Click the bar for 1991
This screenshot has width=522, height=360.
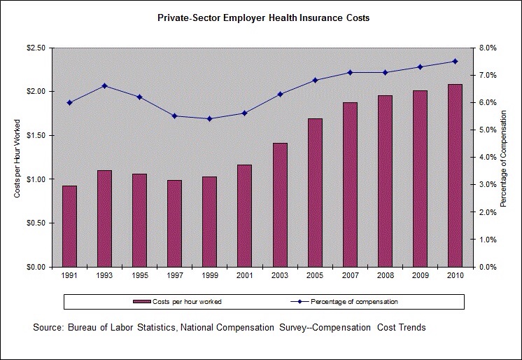click(x=69, y=226)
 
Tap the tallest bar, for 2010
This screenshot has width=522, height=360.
click(x=455, y=175)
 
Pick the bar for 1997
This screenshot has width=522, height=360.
click(x=175, y=223)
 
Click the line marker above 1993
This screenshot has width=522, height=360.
click(x=104, y=86)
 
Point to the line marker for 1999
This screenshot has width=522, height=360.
click(x=210, y=118)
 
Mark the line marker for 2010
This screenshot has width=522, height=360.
click(x=455, y=62)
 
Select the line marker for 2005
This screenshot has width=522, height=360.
click(x=315, y=80)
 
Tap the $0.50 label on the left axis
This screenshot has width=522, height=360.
click(x=36, y=223)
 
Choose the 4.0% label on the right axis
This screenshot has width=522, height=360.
click(x=487, y=158)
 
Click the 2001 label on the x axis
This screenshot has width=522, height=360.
click(x=245, y=276)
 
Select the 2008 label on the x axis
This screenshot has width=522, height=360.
click(x=385, y=276)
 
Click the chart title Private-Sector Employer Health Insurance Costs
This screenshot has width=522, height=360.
click(x=263, y=18)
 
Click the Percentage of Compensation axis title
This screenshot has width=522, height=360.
click(x=503, y=158)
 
